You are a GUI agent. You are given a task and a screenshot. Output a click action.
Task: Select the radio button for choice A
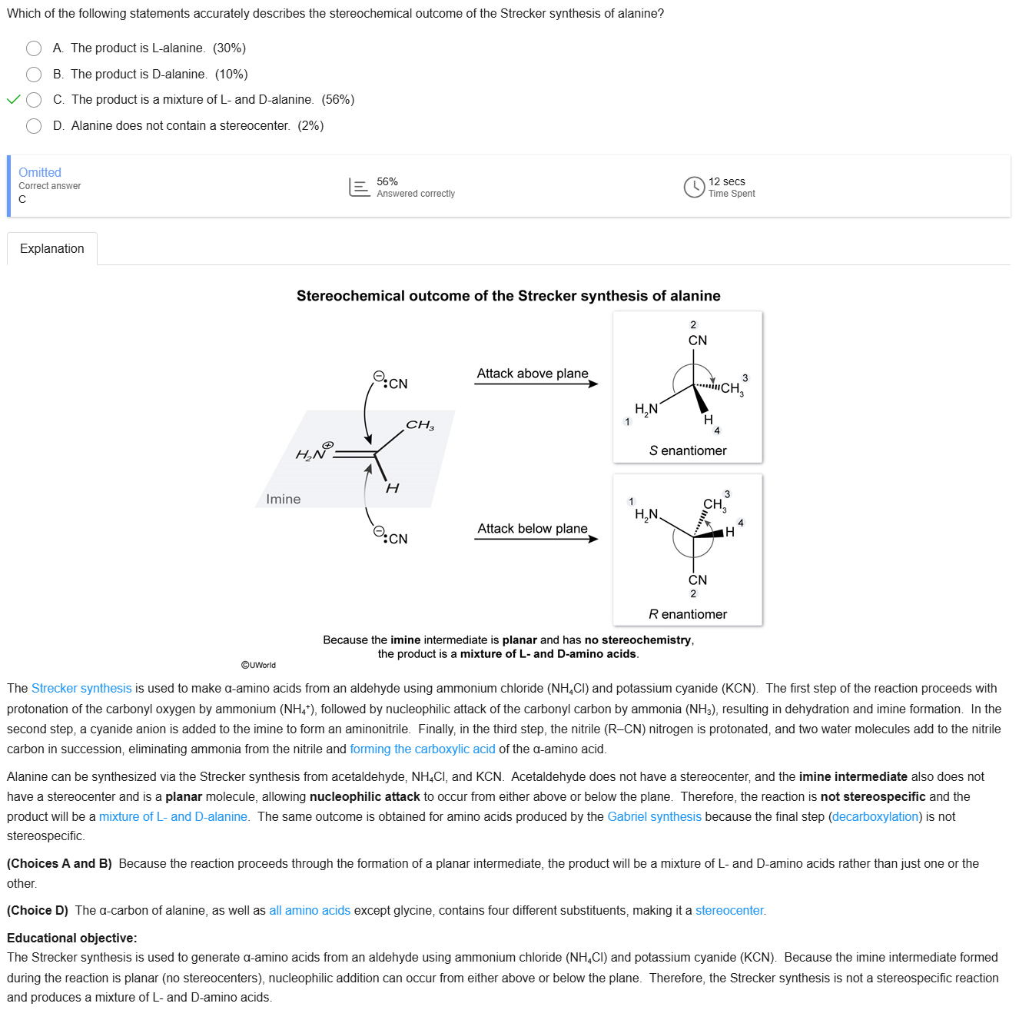pyautogui.click(x=34, y=48)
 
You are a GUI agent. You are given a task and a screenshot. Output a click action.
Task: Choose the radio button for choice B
pyautogui.click(x=34, y=75)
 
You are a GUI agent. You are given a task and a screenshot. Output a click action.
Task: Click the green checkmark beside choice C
pyautogui.click(x=13, y=99)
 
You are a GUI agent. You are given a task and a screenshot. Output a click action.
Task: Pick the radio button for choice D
pyautogui.click(x=34, y=126)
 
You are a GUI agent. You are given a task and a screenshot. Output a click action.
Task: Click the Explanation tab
pyautogui.click(x=52, y=249)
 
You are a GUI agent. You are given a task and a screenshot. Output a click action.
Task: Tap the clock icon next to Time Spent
pyautogui.click(x=694, y=187)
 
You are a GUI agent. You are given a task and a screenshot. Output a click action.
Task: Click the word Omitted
pyautogui.click(x=40, y=172)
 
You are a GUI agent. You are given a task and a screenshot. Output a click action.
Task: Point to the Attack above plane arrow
pyautogui.click(x=536, y=384)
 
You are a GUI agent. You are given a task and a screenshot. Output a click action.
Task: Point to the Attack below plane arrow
pyautogui.click(x=536, y=539)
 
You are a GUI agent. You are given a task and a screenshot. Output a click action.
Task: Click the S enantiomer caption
pyautogui.click(x=688, y=450)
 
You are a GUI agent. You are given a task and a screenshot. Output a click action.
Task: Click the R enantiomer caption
pyautogui.click(x=688, y=614)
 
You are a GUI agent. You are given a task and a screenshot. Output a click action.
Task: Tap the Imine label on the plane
pyautogui.click(x=283, y=499)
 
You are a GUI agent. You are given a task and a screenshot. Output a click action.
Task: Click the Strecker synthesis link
pyautogui.click(x=81, y=689)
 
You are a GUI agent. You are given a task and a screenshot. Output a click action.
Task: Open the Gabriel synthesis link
pyautogui.click(x=654, y=816)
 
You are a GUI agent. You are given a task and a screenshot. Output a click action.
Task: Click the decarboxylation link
pyautogui.click(x=875, y=816)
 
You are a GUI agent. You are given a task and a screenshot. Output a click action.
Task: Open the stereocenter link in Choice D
pyautogui.click(x=729, y=910)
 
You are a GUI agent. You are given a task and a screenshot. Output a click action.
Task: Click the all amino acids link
pyautogui.click(x=310, y=910)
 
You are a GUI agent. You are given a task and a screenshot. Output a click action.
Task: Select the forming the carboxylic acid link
pyautogui.click(x=423, y=749)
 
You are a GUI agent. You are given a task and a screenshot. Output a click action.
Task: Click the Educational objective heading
pyautogui.click(x=72, y=938)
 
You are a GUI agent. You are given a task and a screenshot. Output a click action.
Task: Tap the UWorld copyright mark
pyautogui.click(x=258, y=665)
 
